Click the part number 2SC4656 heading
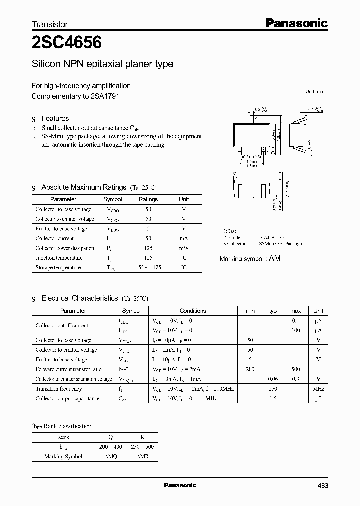[x=67, y=43]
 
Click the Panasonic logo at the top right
[x=296, y=23]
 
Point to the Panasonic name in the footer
[x=180, y=485]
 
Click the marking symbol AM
[x=275, y=259]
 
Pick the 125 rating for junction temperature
[x=148, y=258]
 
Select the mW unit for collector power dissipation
[x=184, y=248]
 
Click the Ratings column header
[x=148, y=199]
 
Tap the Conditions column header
[x=192, y=311]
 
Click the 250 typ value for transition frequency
[x=273, y=389]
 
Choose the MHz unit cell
[x=318, y=389]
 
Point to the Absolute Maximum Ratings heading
[x=83, y=187]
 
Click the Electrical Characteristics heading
[x=79, y=298]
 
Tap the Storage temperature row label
[x=58, y=268]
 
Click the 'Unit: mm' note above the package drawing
[x=315, y=92]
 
